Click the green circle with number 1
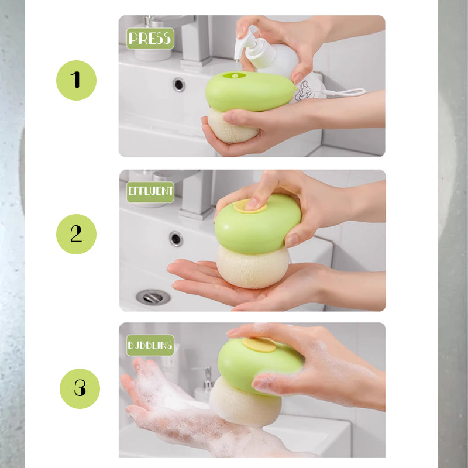point(76,80)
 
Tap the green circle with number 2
point(76,234)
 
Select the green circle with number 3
point(80,388)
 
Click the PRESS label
point(150,39)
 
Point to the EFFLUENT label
point(150,192)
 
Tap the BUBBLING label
point(150,345)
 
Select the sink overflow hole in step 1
point(179,84)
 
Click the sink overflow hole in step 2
point(176,238)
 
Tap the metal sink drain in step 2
point(153,297)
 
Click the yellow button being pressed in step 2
point(250,205)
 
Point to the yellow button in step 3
point(259,345)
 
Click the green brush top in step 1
point(249,92)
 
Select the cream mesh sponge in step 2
point(253,266)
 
